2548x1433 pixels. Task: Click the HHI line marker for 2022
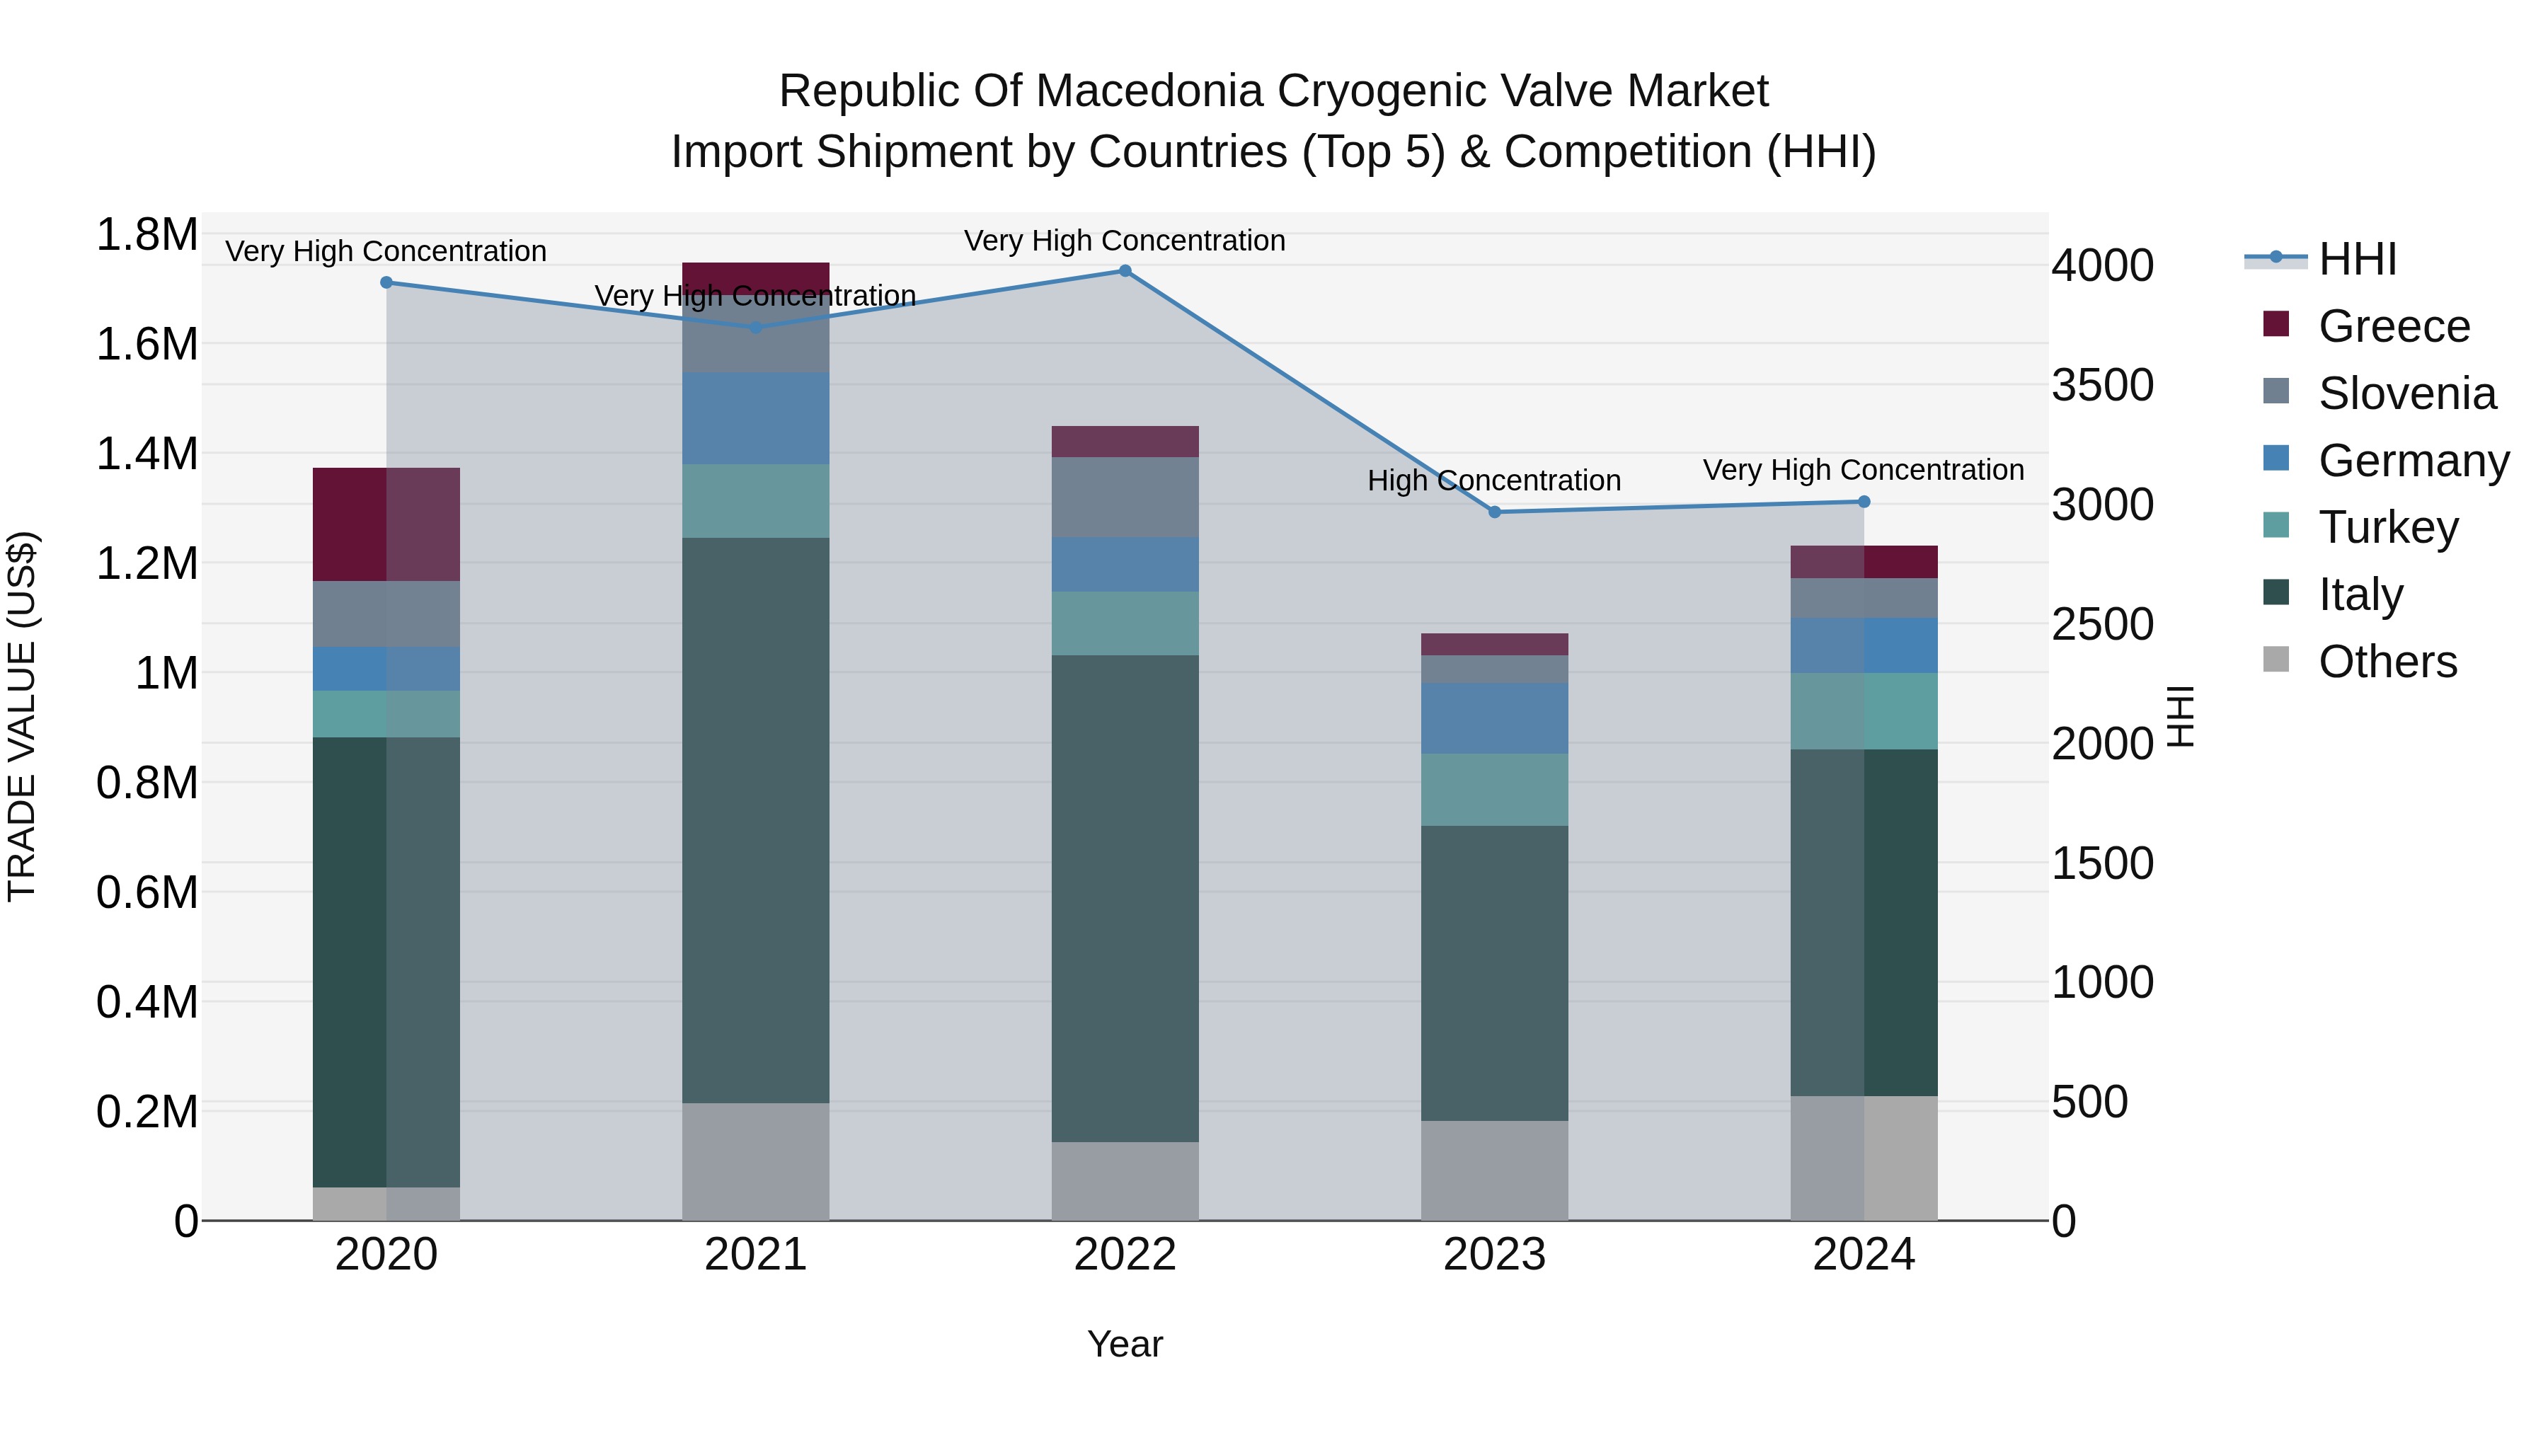(x=1125, y=271)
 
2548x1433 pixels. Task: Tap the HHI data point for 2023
(x=1495, y=512)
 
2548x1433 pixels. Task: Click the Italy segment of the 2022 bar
(x=1125, y=898)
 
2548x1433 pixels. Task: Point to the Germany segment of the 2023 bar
(x=1495, y=718)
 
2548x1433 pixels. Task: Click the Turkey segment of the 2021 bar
(x=756, y=500)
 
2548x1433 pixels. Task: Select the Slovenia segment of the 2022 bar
(x=1125, y=497)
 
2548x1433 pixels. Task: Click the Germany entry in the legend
(x=2413, y=461)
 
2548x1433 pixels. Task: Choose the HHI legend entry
(x=2357, y=259)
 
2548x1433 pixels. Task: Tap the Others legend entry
(x=2387, y=662)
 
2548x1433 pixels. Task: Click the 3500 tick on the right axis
(x=2102, y=385)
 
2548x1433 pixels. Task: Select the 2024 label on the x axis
(x=1864, y=1255)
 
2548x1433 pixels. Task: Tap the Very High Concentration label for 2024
(x=1864, y=470)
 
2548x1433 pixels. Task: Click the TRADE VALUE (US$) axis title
(x=22, y=716)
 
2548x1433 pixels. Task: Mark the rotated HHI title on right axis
(x=2179, y=716)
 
